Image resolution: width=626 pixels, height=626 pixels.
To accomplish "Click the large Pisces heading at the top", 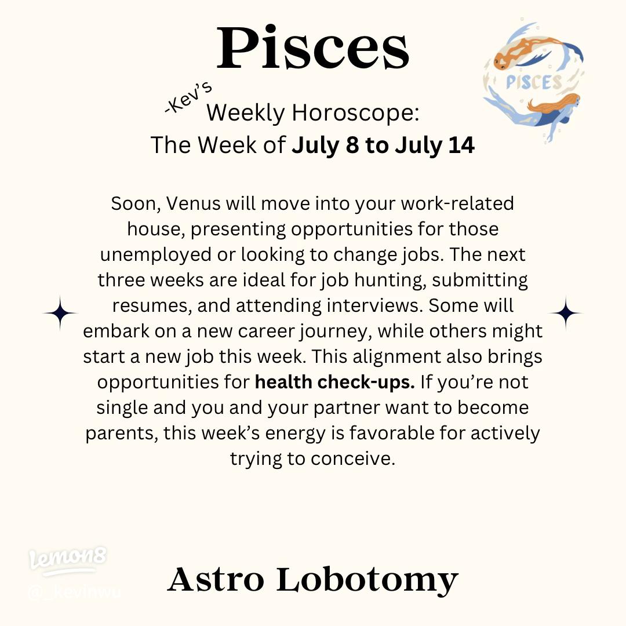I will tap(313, 49).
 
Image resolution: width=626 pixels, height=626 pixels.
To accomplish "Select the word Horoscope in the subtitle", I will tap(355, 112).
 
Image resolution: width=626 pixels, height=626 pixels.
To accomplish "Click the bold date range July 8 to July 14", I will tap(383, 145).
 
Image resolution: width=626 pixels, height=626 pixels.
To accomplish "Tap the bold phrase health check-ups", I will tap(335, 383).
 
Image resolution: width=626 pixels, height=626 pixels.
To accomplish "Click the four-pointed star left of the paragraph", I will tap(60, 313).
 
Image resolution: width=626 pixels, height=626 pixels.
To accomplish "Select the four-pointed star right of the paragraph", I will tap(565, 313).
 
